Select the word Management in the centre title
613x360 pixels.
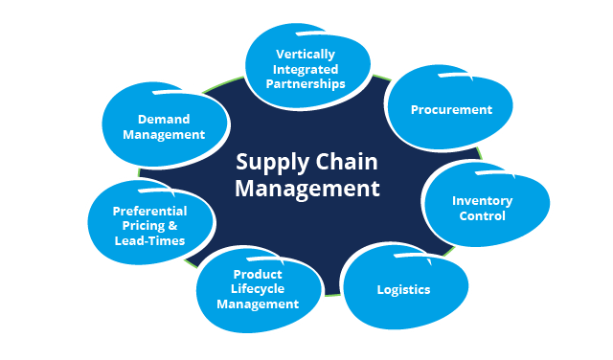[x=307, y=188]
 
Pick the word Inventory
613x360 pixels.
[x=482, y=201]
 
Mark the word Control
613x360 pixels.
[x=482, y=216]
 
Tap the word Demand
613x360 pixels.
[x=164, y=120]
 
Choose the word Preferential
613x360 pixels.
[x=149, y=211]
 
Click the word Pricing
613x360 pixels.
[x=137, y=226]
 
